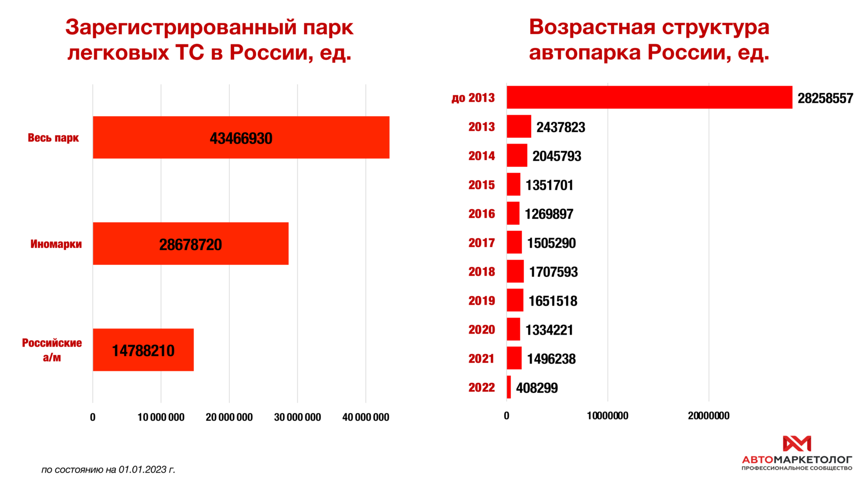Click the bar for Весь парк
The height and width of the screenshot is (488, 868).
pos(241,137)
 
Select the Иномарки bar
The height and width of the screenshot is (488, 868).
pos(191,244)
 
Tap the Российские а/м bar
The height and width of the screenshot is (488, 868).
pos(143,350)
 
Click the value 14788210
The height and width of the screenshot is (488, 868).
pos(143,351)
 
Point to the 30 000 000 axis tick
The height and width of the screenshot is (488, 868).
pos(297,417)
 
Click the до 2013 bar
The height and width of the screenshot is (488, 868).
pos(649,98)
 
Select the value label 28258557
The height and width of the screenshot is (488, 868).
pos(825,98)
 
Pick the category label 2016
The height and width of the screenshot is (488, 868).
pos(482,214)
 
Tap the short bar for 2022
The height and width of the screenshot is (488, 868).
pos(509,387)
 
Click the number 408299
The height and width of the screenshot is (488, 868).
pos(537,388)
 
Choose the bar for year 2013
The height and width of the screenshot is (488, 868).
pos(519,127)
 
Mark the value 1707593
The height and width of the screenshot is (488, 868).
pos(553,272)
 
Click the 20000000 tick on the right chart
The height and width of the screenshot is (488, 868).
pos(708,416)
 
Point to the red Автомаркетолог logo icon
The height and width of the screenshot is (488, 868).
pos(797,444)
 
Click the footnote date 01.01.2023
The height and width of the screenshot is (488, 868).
pos(143,469)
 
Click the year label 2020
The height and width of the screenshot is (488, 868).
pos(482,329)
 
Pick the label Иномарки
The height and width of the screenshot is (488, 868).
pos(56,244)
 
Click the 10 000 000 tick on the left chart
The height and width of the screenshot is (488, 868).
pos(161,417)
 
